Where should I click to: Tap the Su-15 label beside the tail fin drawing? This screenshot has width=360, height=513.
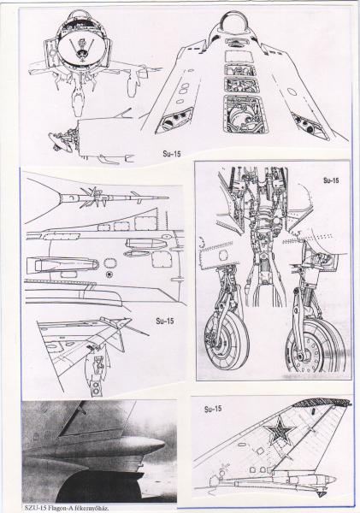213,409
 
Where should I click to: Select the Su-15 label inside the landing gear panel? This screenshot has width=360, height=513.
331,180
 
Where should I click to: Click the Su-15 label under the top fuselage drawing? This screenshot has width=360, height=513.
172,153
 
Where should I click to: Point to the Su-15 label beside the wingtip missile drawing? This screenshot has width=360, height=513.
165,321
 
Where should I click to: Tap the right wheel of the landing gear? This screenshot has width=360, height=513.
316,347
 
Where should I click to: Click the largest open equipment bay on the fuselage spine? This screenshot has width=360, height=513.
245,114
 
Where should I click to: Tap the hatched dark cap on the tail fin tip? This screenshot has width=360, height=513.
322,402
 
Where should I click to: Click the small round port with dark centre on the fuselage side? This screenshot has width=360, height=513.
109,274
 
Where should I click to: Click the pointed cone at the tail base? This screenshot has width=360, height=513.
329,480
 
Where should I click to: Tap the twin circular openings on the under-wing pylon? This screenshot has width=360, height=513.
96,387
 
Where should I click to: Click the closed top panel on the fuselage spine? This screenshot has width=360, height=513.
239,56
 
